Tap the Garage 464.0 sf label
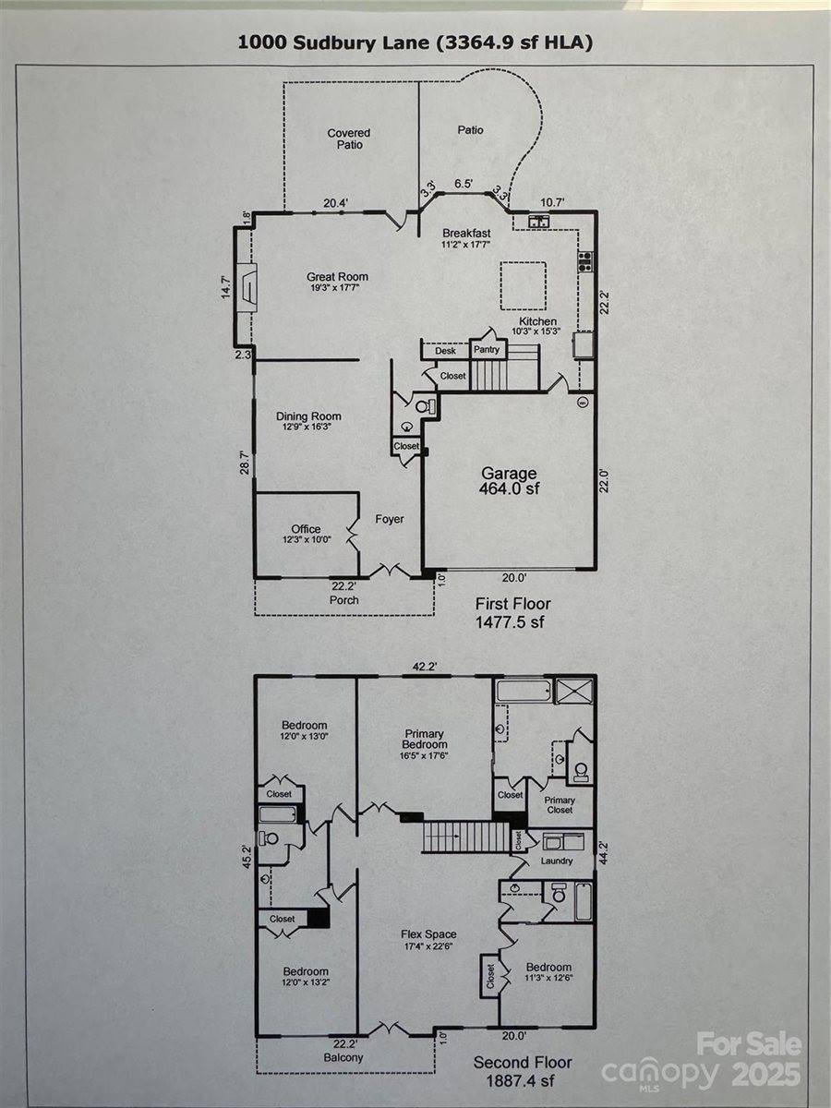tap(509, 481)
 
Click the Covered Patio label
tap(349, 138)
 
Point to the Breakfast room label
tap(465, 238)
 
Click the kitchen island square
tap(523, 284)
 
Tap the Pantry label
tap(487, 350)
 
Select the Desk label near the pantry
tap(445, 351)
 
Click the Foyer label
tap(390, 520)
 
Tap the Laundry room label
tap(557, 861)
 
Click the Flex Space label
tap(430, 940)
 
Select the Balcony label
tap(343, 1057)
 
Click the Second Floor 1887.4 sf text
tap(523, 1071)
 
